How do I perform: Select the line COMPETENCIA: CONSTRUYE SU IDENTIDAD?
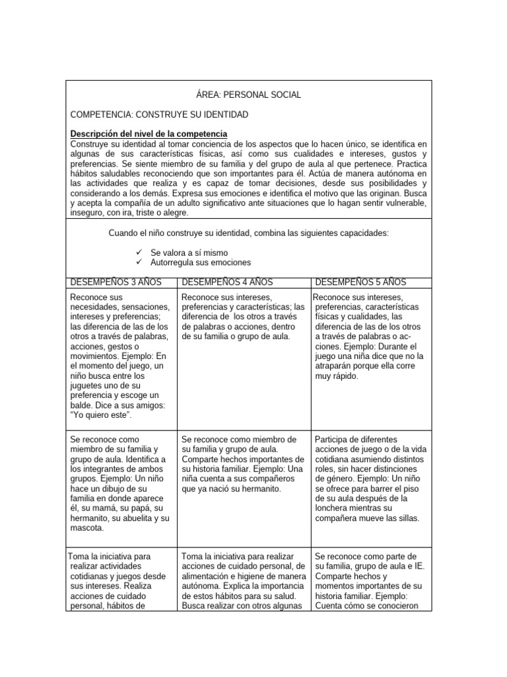click(x=159, y=114)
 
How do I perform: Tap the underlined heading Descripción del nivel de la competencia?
click(x=149, y=134)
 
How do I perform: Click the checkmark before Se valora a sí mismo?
click(x=139, y=253)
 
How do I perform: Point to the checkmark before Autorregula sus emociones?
click(x=139, y=262)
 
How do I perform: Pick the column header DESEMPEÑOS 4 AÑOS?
click(x=226, y=282)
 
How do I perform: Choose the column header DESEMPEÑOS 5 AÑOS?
click(x=360, y=282)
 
